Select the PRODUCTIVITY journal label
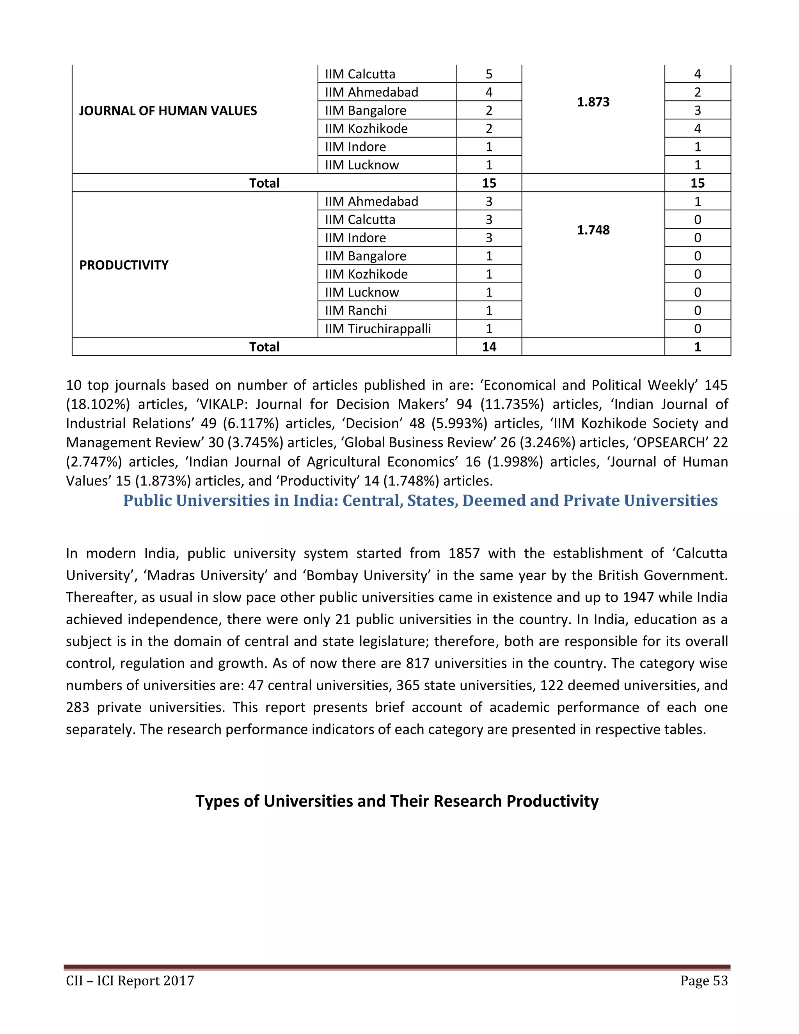click(x=124, y=265)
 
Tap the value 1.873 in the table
click(x=593, y=102)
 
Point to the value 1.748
click(x=593, y=230)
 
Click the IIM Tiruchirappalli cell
click(x=378, y=329)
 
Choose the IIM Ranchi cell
click(x=355, y=311)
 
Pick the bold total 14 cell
click(x=489, y=347)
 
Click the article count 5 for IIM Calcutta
click(x=489, y=74)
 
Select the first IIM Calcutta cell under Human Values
click(x=360, y=74)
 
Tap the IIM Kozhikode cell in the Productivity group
click(x=366, y=274)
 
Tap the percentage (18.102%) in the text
click(x=98, y=404)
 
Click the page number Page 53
click(x=704, y=981)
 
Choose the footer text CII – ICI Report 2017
click(x=130, y=981)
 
